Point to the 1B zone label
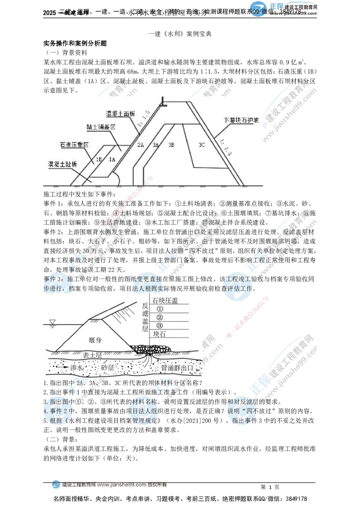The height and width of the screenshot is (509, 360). tap(99, 159)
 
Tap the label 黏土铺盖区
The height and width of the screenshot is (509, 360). tap(101, 127)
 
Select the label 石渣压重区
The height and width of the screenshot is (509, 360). tap(73, 145)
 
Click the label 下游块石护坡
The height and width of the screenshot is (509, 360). tap(240, 121)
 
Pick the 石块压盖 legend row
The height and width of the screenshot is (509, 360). tap(165, 301)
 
